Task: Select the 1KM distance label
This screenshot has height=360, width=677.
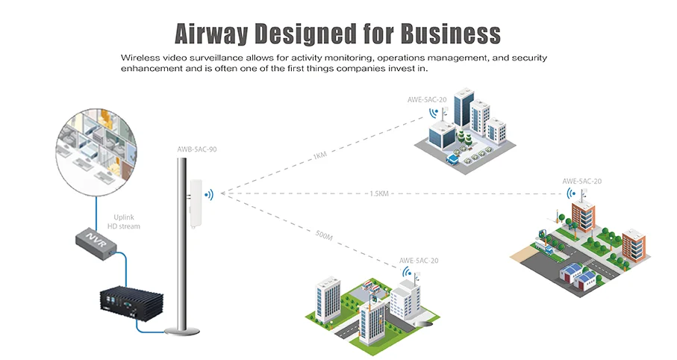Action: (320, 156)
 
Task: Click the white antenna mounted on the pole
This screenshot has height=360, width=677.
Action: (196, 202)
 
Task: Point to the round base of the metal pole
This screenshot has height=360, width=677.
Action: (183, 332)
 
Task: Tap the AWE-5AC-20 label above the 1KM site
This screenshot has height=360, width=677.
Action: (427, 99)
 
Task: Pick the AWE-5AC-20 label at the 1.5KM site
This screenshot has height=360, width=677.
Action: (581, 181)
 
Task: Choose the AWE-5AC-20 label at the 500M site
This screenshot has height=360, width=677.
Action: (419, 261)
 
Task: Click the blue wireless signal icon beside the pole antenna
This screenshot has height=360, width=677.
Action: (209, 195)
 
